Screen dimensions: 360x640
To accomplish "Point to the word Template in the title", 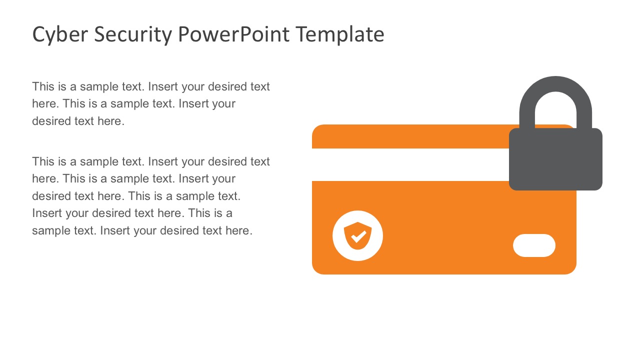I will coord(339,34).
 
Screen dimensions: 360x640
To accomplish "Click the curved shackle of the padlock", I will coord(555,90).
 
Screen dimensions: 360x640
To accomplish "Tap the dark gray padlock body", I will coord(555,160).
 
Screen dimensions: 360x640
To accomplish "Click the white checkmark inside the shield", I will coord(358,236).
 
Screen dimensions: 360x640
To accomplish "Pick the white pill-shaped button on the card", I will coord(534,245).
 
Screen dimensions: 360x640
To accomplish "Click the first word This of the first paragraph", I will coord(43,86).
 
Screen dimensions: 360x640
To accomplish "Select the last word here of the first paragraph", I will coord(109,121).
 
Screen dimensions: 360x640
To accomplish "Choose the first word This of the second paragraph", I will coord(43,161).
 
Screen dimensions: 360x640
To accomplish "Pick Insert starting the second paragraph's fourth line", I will coord(45,213).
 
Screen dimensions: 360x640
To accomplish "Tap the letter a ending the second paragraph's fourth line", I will coord(229,213).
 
